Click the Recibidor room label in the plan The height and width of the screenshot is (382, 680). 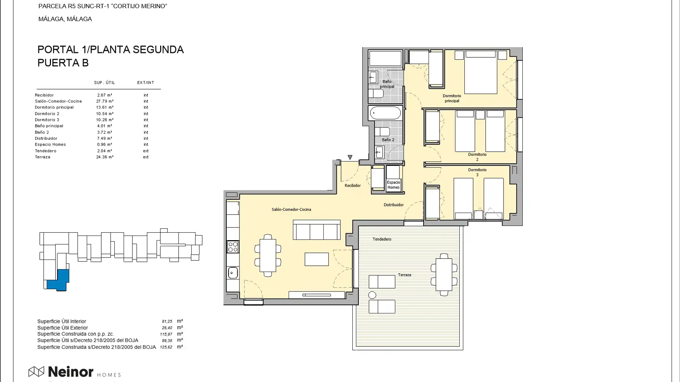[x=352, y=186]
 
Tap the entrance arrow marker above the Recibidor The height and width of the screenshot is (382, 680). [x=350, y=157]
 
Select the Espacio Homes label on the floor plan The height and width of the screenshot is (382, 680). [x=393, y=185]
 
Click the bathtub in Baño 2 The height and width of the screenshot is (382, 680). [x=385, y=113]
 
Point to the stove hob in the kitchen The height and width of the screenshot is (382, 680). [x=233, y=247]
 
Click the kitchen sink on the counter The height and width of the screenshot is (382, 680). [x=232, y=273]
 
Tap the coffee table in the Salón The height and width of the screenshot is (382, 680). [x=316, y=259]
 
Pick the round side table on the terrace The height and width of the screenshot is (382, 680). [x=372, y=295]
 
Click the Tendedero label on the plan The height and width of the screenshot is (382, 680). [x=382, y=239]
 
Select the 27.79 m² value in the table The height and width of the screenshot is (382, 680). [x=104, y=101]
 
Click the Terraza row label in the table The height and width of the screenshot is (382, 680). [x=42, y=157]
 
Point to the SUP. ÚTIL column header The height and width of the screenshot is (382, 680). [x=104, y=82]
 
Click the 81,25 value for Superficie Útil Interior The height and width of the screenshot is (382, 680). [x=167, y=322]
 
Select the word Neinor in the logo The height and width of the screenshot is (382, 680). [x=70, y=372]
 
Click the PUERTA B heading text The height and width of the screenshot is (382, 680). [x=63, y=63]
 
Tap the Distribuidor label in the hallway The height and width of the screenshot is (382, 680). [x=393, y=205]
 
